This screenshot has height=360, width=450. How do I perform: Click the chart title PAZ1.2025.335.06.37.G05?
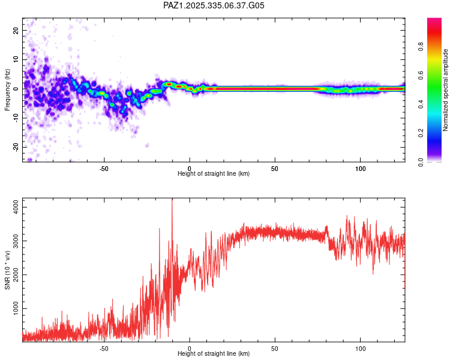[214, 6]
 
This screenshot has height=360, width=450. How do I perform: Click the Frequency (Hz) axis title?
[7, 89]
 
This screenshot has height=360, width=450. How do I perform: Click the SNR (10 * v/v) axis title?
[7, 269]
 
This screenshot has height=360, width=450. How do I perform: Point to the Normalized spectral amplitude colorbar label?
[446, 90]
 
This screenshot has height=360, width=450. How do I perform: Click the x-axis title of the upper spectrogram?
[214, 173]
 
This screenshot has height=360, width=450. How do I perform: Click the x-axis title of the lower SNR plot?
[214, 353]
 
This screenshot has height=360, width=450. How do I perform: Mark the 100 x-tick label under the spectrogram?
[361, 167]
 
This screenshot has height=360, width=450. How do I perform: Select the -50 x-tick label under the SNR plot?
[104, 347]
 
